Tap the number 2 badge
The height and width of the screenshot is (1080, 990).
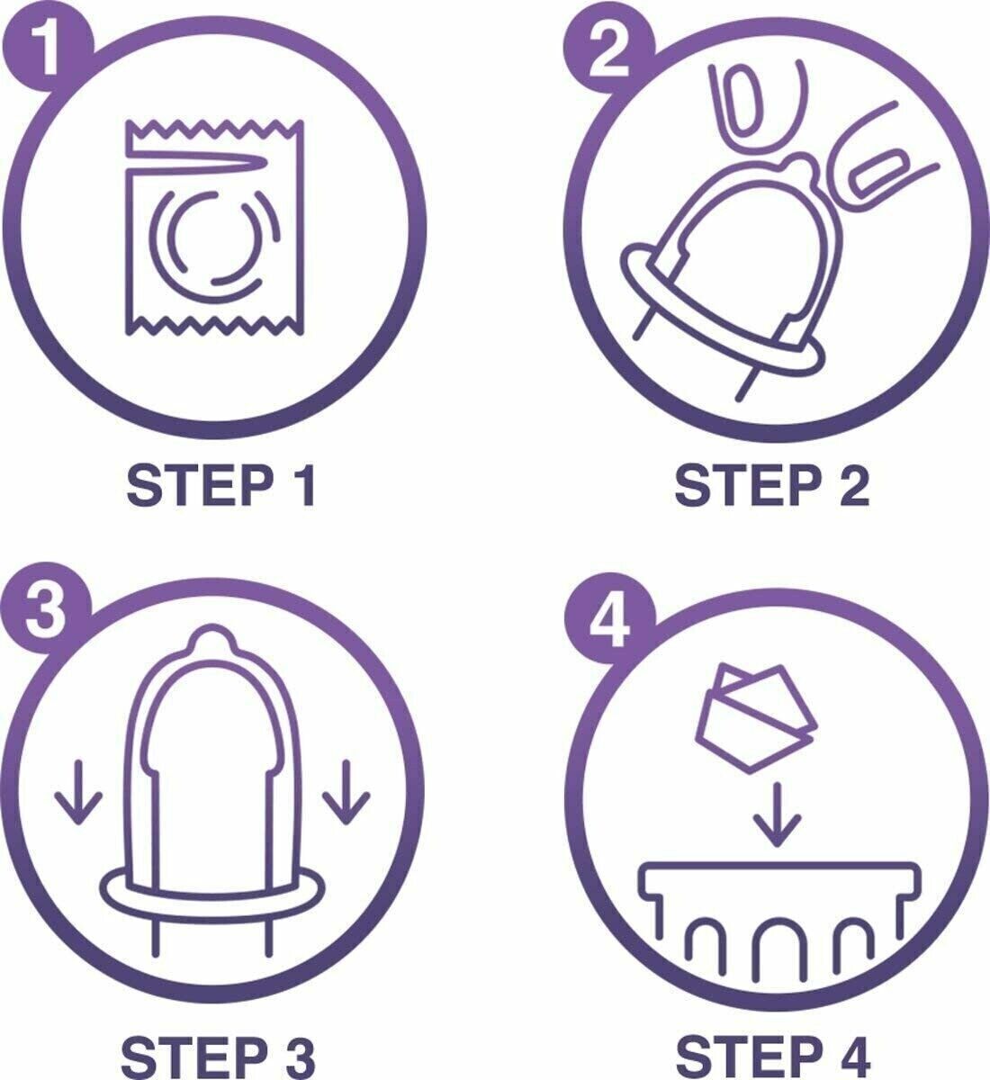click(609, 51)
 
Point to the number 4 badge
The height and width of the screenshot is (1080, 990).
click(609, 617)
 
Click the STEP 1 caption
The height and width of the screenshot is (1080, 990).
click(220, 486)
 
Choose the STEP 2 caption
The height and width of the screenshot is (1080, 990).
click(772, 486)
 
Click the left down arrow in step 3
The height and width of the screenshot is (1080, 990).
click(78, 792)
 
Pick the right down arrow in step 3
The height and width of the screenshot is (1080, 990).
click(346, 792)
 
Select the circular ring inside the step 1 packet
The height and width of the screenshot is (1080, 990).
click(215, 245)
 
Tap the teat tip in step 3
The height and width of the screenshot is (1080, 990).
click(212, 636)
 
